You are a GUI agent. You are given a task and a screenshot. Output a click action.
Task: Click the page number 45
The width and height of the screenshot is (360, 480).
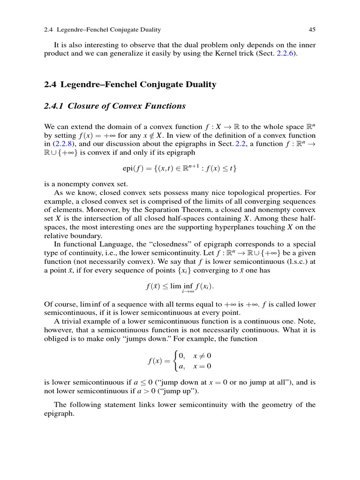click(x=312, y=30)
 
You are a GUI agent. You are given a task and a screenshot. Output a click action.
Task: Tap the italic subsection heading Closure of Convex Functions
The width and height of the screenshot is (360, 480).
click(x=127, y=106)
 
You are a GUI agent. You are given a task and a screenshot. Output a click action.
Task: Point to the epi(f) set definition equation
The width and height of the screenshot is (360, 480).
click(x=180, y=168)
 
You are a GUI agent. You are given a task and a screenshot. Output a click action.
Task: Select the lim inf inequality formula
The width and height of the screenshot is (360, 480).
click(x=180, y=286)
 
